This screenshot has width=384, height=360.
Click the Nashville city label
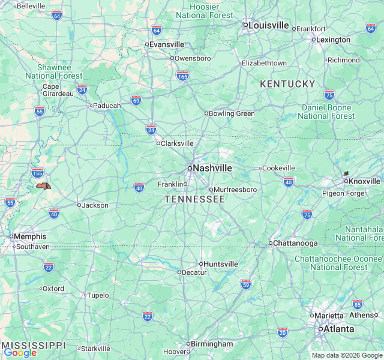point(212,168)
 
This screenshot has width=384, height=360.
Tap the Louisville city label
point(269,25)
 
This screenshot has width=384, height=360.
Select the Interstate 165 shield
point(183,76)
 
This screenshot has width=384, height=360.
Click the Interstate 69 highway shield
point(136,100)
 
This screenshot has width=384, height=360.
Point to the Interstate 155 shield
point(37,173)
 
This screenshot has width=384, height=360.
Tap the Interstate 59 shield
point(245,283)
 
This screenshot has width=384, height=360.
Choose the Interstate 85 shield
point(358,304)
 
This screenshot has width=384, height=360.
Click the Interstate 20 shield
point(283,332)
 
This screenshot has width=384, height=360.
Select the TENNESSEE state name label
point(195,199)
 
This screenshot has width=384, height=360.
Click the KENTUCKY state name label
point(287,84)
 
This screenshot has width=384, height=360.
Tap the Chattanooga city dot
point(270,243)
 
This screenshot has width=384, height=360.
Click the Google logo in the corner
point(20,353)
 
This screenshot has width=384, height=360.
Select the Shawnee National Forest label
point(54,71)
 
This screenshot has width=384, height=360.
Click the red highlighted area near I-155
point(43,186)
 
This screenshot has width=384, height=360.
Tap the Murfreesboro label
point(236,190)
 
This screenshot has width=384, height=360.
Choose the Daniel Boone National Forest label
point(326,111)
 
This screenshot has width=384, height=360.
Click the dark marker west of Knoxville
point(346,173)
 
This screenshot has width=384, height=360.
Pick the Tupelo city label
point(98,295)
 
